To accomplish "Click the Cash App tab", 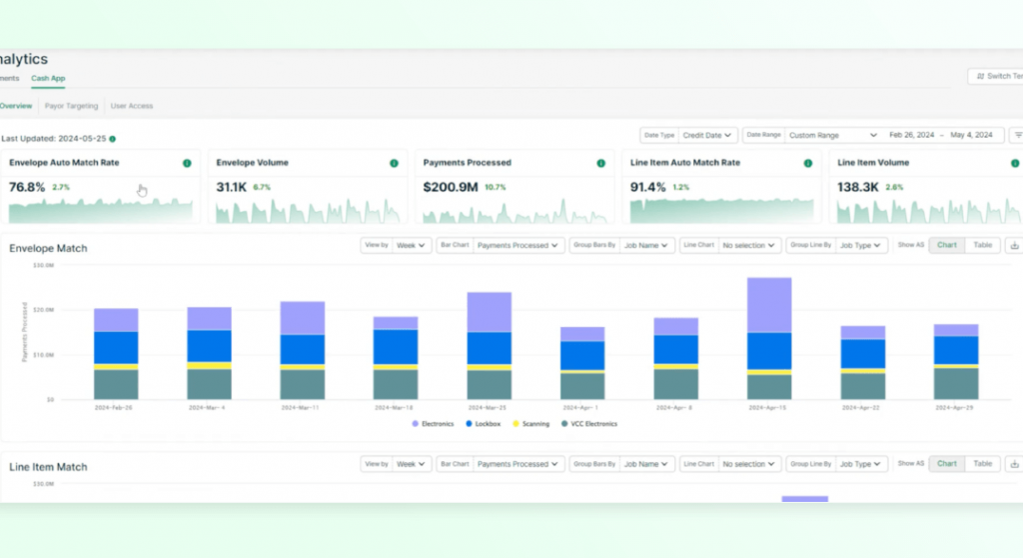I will [48, 78].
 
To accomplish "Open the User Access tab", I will [132, 105].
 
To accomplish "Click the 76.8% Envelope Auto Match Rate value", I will [27, 187].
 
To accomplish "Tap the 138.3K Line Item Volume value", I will [856, 187].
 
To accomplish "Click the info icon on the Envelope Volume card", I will [394, 163].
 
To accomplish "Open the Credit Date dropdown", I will [709, 135].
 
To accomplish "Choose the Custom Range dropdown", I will [832, 135].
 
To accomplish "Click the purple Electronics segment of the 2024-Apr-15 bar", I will [769, 305].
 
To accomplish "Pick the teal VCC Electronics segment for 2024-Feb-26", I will [116, 384].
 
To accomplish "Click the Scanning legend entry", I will [530, 424].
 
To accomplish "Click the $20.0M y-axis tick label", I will [43, 310].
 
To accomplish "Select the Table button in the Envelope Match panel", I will [982, 245].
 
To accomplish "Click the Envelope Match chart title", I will [48, 248].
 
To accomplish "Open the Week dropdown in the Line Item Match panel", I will [411, 464].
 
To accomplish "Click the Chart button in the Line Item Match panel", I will [946, 464].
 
